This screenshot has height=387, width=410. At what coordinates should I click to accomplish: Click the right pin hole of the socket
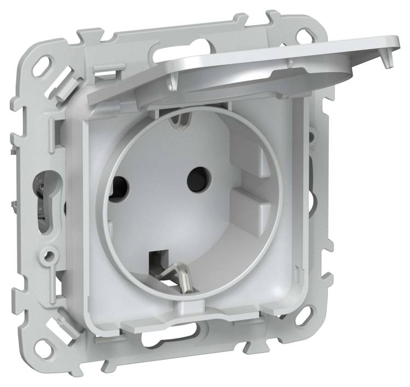point(195,177)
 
